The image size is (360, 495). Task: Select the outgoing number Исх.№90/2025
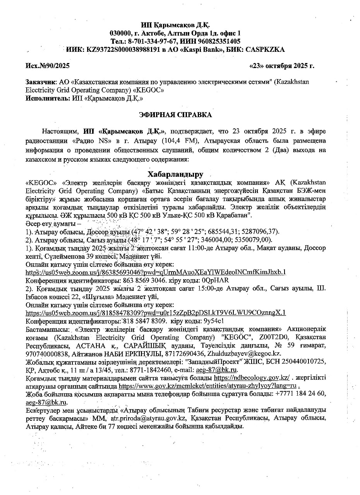47,66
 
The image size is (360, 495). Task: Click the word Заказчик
40,82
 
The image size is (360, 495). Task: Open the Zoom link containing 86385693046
156,272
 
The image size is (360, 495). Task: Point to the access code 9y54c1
213,321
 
